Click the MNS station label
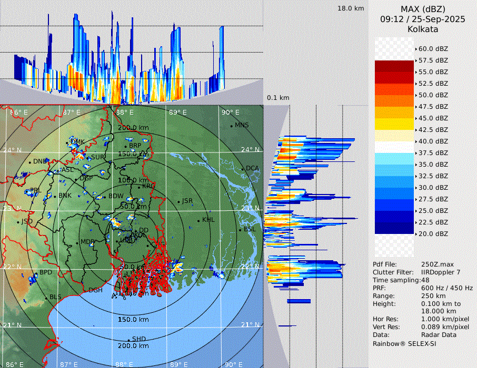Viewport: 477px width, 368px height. [x=242, y=125]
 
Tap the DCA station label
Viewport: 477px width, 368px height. [x=253, y=168]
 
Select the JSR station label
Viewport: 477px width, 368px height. [x=187, y=201]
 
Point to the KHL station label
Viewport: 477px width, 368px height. [x=208, y=220]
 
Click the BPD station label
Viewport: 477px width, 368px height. [x=46, y=272]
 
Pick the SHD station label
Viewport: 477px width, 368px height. [x=139, y=339]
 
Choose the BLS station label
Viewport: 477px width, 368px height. [x=55, y=297]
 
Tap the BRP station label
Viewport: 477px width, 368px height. [x=135, y=146]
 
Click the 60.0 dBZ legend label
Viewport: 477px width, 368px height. [x=433, y=48]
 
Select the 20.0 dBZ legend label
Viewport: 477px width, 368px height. [x=433, y=233]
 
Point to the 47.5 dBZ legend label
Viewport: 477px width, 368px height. [x=433, y=106]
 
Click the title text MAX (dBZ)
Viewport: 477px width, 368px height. [x=423, y=9]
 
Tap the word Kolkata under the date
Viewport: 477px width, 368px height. [x=423, y=29]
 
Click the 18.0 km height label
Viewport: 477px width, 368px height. [x=351, y=8]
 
